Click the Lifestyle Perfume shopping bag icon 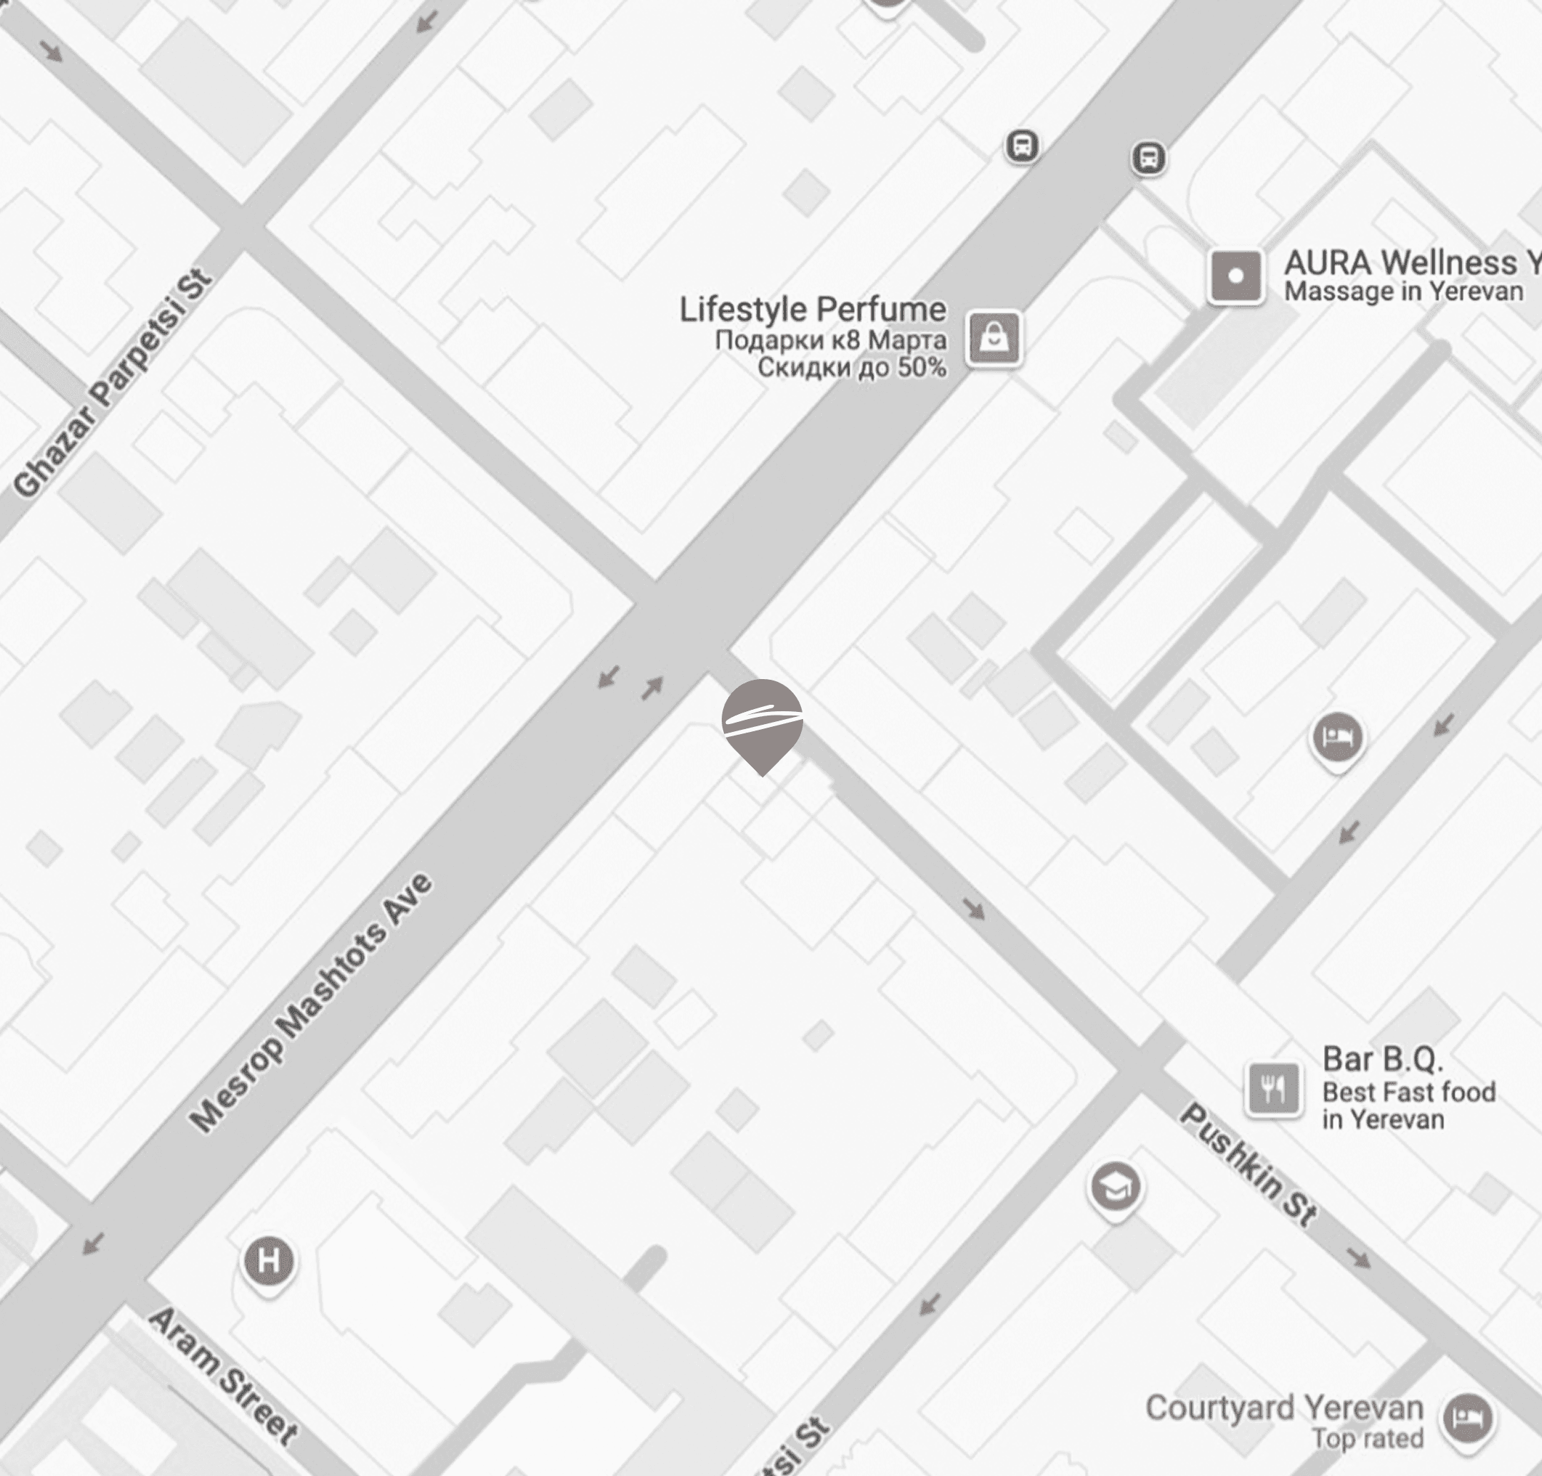[x=994, y=338]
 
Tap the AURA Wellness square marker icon [x=1235, y=276]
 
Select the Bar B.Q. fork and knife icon [x=1272, y=1089]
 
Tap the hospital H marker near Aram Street [x=268, y=1261]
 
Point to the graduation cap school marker [x=1115, y=1188]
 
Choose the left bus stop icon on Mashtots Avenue [x=1022, y=146]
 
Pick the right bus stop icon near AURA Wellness [x=1148, y=158]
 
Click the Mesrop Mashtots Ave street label [x=311, y=1003]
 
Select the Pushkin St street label [x=1248, y=1165]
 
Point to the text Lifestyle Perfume [x=812, y=309]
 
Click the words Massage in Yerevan [x=1404, y=292]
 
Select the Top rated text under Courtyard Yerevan [x=1367, y=1438]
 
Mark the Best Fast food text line [x=1409, y=1092]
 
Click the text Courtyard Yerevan [x=1284, y=1407]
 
